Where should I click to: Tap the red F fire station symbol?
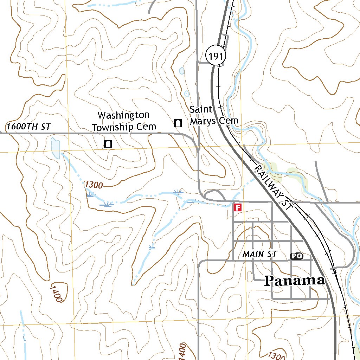point(238,207)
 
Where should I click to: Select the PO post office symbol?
point(296,256)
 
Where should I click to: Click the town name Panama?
point(295,281)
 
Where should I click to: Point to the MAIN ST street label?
point(260,254)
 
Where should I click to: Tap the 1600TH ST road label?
point(29,127)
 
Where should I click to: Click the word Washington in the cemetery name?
point(123,115)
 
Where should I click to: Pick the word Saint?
point(201,109)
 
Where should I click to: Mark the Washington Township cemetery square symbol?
point(108,143)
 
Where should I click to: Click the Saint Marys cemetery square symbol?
point(178,123)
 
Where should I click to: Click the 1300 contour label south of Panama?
point(276,356)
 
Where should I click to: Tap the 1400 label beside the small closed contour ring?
point(56,294)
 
